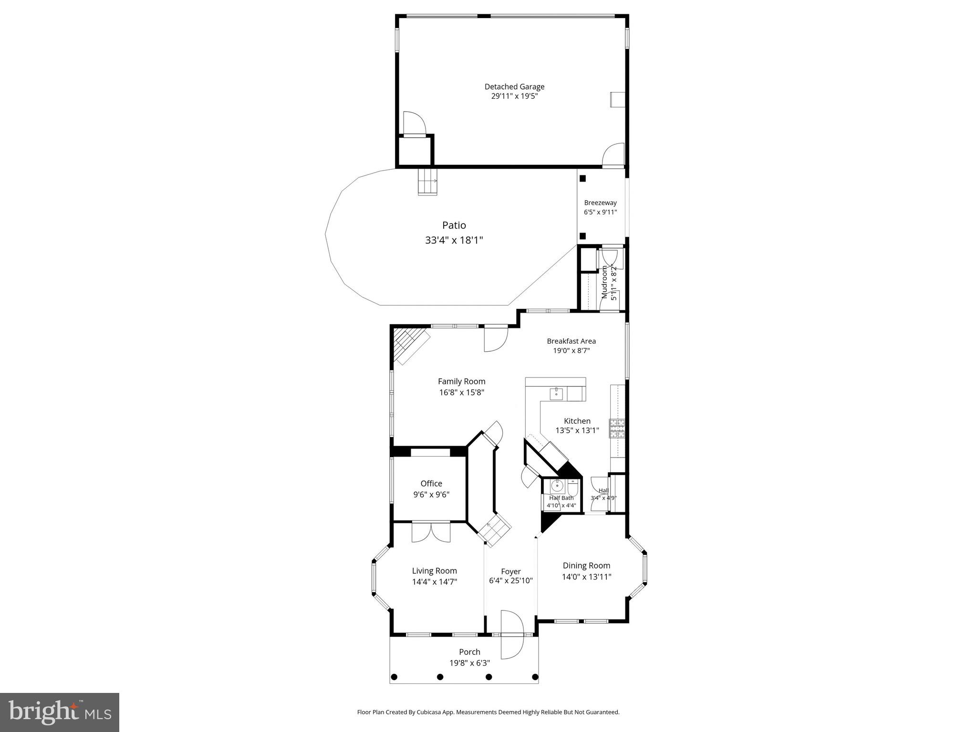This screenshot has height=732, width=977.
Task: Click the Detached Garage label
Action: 514,87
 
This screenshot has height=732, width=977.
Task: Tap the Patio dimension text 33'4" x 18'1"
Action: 454,240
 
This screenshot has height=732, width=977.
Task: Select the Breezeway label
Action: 600,203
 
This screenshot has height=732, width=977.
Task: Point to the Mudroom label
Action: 605,283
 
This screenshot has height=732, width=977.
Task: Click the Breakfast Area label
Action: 571,341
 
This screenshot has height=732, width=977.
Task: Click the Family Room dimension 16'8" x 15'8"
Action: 462,393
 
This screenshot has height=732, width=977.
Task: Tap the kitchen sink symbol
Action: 556,394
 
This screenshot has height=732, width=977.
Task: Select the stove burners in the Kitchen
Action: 616,428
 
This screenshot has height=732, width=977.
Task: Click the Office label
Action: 431,483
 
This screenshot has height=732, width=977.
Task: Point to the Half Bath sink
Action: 557,487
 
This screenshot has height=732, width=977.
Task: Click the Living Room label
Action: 434,570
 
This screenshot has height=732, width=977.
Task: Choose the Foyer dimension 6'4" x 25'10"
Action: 510,581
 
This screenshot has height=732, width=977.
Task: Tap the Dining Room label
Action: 586,566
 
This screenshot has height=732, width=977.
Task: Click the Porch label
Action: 469,652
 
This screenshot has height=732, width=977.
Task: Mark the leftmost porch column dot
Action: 395,677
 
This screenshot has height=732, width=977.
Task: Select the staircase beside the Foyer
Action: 495,529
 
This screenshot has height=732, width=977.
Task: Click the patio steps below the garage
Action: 427,182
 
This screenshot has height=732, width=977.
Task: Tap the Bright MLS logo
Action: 60,712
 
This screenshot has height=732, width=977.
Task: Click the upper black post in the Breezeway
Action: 582,179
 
